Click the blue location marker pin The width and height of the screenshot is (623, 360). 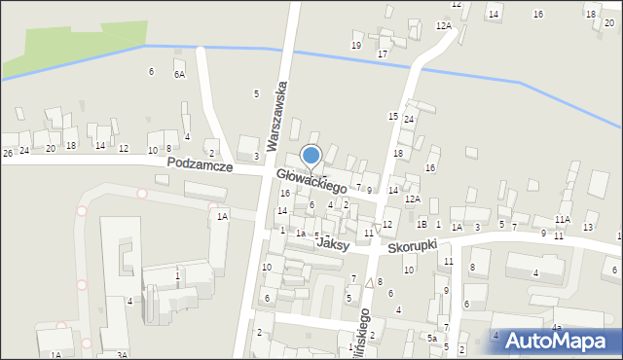(311, 156)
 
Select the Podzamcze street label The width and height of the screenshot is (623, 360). (199, 165)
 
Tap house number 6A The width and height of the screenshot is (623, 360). (179, 74)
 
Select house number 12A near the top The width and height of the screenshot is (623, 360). (443, 25)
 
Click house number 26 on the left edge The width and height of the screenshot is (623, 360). (7, 153)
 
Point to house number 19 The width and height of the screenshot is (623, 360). (356, 46)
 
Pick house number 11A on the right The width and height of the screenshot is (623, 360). (562, 219)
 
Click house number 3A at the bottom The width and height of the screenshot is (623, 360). (122, 355)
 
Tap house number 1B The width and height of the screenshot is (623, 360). (421, 225)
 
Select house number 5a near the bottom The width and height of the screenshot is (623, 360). (431, 338)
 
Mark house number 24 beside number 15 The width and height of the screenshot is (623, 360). (410, 119)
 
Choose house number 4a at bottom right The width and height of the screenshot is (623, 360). (557, 327)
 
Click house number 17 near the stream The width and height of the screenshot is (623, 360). (383, 54)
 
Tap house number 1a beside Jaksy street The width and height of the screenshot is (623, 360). (302, 234)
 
